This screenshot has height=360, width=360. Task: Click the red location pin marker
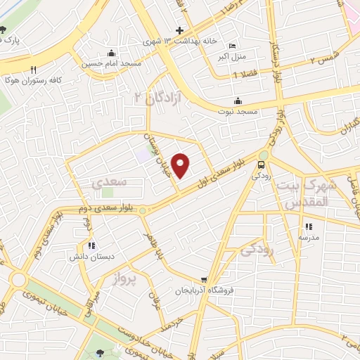click(x=181, y=165)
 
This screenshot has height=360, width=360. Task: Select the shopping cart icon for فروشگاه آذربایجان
click(x=204, y=278)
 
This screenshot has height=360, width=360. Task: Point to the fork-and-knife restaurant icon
click(x=33, y=70)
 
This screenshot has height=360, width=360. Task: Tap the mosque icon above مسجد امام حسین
click(x=111, y=53)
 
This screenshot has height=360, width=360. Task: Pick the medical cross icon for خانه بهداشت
click(x=180, y=30)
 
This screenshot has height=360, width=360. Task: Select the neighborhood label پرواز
click(x=127, y=281)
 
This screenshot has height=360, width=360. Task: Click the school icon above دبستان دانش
click(x=91, y=245)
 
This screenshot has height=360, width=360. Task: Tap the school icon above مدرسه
click(x=308, y=226)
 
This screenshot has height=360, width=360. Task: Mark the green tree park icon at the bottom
click(x=98, y=353)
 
